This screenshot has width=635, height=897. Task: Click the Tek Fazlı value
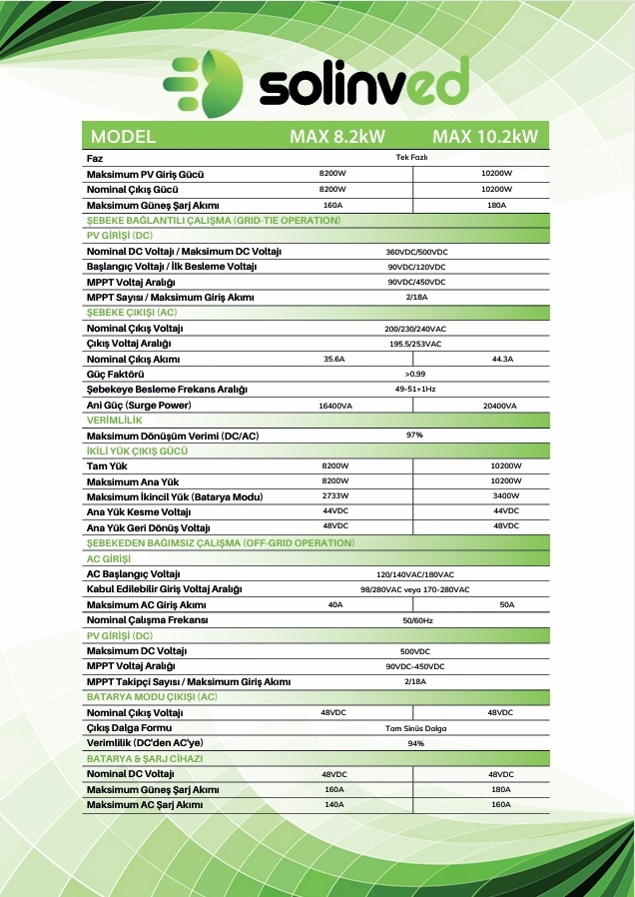pos(411,158)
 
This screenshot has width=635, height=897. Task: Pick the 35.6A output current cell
pos(333,359)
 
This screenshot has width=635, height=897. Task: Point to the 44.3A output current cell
pos(501,359)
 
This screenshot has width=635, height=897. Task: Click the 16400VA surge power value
pos(333,406)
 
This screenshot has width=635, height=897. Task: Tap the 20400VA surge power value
pos(499,406)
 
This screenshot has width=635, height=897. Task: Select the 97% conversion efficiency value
pos(414,436)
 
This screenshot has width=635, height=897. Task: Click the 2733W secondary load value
pos(334,495)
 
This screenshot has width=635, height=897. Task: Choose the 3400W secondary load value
pos(505,495)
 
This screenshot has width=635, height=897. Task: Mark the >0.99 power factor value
pos(414,374)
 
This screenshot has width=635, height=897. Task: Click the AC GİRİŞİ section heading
pos(110,558)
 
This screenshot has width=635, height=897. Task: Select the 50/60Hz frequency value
pos(414,620)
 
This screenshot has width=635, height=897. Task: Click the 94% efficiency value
pos(414,743)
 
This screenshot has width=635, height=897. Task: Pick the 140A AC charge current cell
pos(333,804)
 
